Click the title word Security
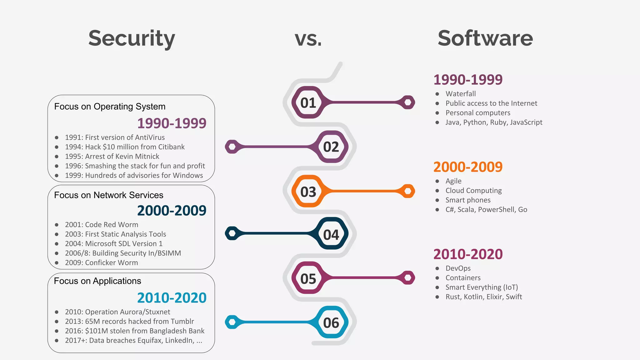132,38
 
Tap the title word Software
485,38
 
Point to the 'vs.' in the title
308,39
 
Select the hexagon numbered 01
308,102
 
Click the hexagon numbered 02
331,147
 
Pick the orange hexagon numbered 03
308,192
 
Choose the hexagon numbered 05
308,278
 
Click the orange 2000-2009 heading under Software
468,167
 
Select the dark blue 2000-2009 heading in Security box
172,211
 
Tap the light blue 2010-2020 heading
172,298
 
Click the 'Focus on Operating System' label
110,107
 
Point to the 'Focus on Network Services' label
108,195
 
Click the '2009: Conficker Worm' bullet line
101,262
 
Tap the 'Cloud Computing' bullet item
473,191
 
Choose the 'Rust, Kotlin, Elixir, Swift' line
483,297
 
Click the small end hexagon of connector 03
408,191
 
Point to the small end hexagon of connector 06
232,322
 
